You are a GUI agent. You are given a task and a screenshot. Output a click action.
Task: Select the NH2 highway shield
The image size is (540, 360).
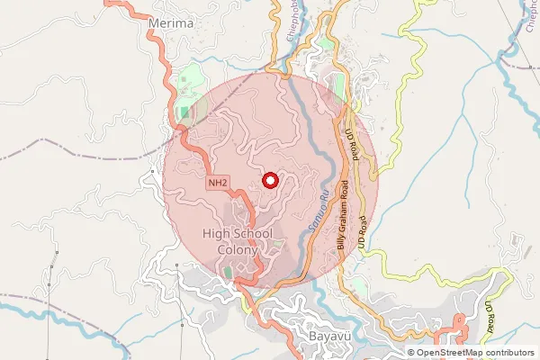216,183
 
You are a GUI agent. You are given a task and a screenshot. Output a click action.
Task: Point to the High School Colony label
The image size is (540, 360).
238,241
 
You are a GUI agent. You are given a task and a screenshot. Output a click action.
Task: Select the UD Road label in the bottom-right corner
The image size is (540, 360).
491,318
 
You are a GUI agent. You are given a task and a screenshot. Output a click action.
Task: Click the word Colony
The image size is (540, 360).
238,249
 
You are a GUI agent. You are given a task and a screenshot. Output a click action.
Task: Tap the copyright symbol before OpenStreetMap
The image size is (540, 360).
410,353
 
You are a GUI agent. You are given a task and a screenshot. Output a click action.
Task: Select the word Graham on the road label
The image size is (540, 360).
343,219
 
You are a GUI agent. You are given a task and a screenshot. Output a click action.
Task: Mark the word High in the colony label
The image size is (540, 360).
216,234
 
